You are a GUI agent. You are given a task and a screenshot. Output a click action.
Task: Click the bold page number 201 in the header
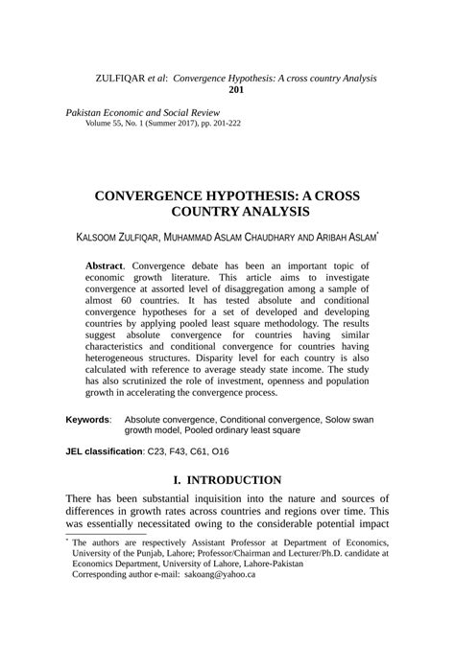pos(236,90)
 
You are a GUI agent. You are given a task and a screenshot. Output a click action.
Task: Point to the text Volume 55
pos(108,125)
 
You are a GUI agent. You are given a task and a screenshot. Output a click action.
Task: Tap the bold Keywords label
pos(86,420)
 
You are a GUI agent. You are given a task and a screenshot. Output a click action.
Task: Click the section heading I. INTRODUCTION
pos(227,479)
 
